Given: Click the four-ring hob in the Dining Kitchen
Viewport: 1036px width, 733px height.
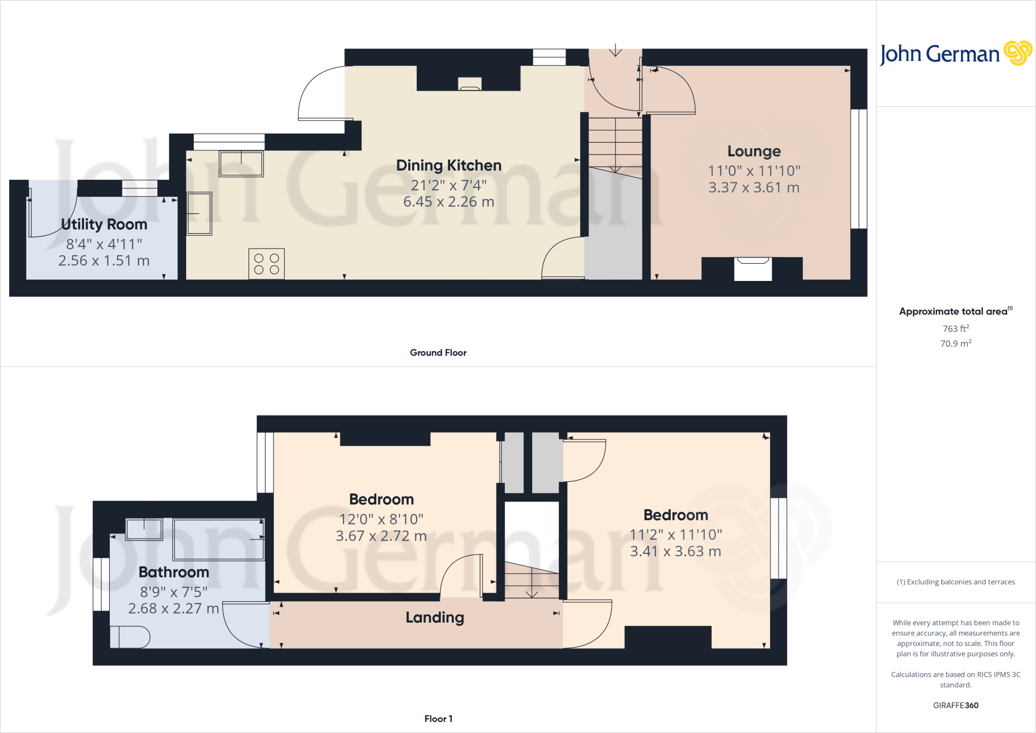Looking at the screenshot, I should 267,264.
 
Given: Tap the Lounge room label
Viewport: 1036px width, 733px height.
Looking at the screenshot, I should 754,151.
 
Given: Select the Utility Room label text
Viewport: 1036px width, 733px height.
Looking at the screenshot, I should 104,224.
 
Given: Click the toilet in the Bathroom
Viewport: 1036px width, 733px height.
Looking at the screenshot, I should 130,637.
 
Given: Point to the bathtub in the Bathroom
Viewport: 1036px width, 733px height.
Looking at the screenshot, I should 219,540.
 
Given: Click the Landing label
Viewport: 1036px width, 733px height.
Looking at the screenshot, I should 435,617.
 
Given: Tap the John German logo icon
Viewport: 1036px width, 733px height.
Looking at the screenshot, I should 1017,53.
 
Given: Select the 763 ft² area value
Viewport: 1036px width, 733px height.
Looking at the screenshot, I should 956,329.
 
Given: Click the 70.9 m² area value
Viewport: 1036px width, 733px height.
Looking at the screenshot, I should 956,343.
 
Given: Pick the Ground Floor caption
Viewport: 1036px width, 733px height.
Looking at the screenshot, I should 438,352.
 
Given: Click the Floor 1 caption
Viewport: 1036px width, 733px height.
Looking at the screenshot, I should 438,718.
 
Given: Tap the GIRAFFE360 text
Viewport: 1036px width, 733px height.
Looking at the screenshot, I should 956,705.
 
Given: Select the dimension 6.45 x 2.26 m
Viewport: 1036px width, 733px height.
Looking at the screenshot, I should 449,201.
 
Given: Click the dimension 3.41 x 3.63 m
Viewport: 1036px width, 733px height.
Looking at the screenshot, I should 675,551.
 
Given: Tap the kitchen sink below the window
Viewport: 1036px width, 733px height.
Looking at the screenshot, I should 241,164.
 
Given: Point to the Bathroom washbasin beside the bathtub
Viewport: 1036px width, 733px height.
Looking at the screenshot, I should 144,530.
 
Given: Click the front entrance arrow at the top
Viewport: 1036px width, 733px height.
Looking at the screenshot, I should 615,50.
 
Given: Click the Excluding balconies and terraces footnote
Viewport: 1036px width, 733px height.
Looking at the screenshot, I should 956,582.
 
